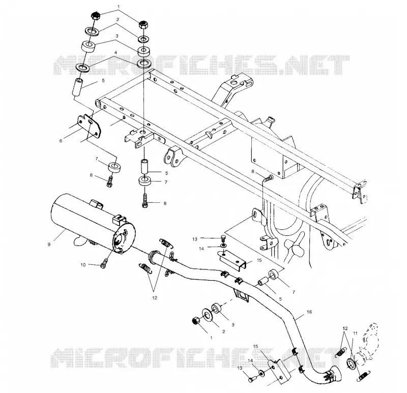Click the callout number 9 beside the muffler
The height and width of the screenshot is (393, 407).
[x=49, y=245]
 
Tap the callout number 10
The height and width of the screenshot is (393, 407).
[x=83, y=265]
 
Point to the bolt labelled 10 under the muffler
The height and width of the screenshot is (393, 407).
[x=104, y=264]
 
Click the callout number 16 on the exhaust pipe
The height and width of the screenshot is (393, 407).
[x=309, y=312]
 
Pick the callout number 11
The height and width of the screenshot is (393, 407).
[x=355, y=333]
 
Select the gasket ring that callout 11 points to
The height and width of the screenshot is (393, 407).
[x=352, y=363]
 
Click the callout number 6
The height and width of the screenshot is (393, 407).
[x=61, y=141]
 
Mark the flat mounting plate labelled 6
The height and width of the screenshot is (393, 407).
[x=89, y=126]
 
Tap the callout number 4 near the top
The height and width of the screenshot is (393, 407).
[x=116, y=52]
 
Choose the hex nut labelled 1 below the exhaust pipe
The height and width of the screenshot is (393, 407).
[x=196, y=321]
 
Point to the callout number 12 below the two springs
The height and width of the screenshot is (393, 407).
[x=155, y=298]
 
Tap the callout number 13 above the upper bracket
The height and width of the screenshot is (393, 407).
[x=195, y=239]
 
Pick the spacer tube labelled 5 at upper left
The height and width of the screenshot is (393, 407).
[x=78, y=87]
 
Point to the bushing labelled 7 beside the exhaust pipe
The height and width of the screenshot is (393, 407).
[x=274, y=275]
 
